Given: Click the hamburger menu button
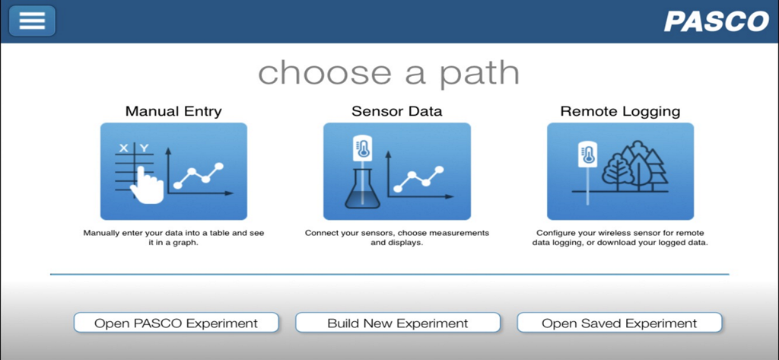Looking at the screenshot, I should (32, 21).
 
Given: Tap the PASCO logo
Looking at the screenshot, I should (716, 21).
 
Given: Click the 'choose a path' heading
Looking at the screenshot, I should (389, 73).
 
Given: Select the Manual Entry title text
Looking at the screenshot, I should (173, 111).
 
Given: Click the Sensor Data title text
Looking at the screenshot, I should (396, 111).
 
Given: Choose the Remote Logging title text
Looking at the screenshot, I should (620, 111).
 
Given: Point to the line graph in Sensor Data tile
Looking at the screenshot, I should (418, 178).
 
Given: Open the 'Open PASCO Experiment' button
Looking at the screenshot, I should (176, 323).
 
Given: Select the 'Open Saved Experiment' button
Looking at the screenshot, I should (619, 323).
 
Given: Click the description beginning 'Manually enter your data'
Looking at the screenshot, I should (173, 237).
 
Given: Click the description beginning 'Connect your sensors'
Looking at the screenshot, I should (396, 237).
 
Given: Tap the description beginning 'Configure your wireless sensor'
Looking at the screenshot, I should (620, 237).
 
